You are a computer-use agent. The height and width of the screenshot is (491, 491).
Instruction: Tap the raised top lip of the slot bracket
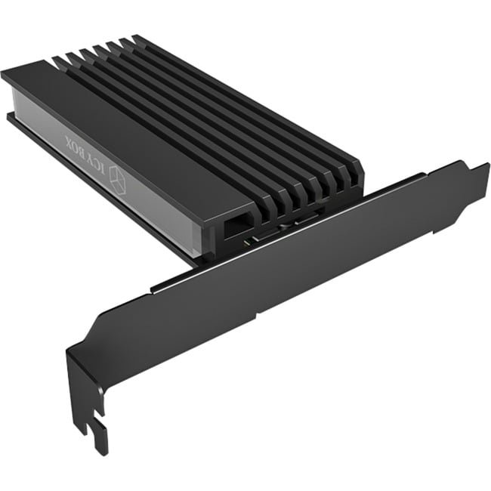(x=302, y=227)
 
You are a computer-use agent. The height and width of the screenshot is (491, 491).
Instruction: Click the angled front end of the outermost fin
(x=351, y=178)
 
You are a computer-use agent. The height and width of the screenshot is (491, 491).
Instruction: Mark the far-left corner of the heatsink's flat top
(x=6, y=74)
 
